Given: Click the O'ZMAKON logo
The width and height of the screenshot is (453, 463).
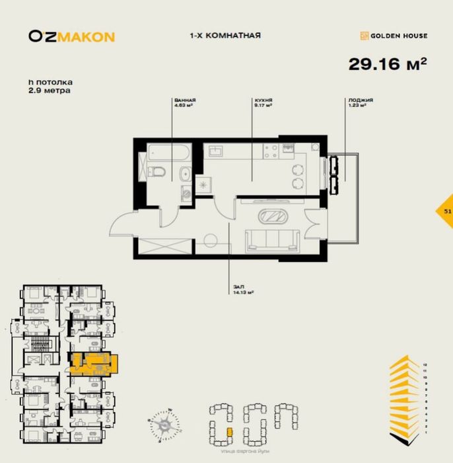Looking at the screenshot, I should pos(71,36).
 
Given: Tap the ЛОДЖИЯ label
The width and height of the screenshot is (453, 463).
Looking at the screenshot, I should pos(361,101).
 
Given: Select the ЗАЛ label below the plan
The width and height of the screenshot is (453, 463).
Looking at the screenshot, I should pos(238,286).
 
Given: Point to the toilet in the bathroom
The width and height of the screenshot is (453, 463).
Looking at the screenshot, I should pos(157,173).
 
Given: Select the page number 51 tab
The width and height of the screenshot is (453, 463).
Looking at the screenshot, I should pos(447,211).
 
